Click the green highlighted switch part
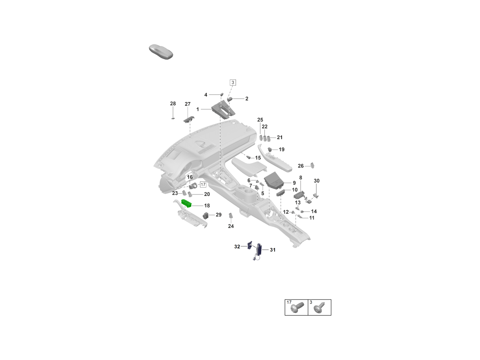[187, 204]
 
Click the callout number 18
[207, 206]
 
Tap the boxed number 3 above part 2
[233, 83]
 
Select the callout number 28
[173, 104]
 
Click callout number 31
[272, 250]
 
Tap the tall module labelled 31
[259, 248]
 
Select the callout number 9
[294, 183]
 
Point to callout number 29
[218, 215]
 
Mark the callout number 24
[231, 226]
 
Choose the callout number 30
[316, 181]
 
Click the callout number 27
[188, 104]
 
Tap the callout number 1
[198, 109]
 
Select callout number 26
[301, 166]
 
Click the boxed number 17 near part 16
[203, 184]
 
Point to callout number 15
[258, 158]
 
